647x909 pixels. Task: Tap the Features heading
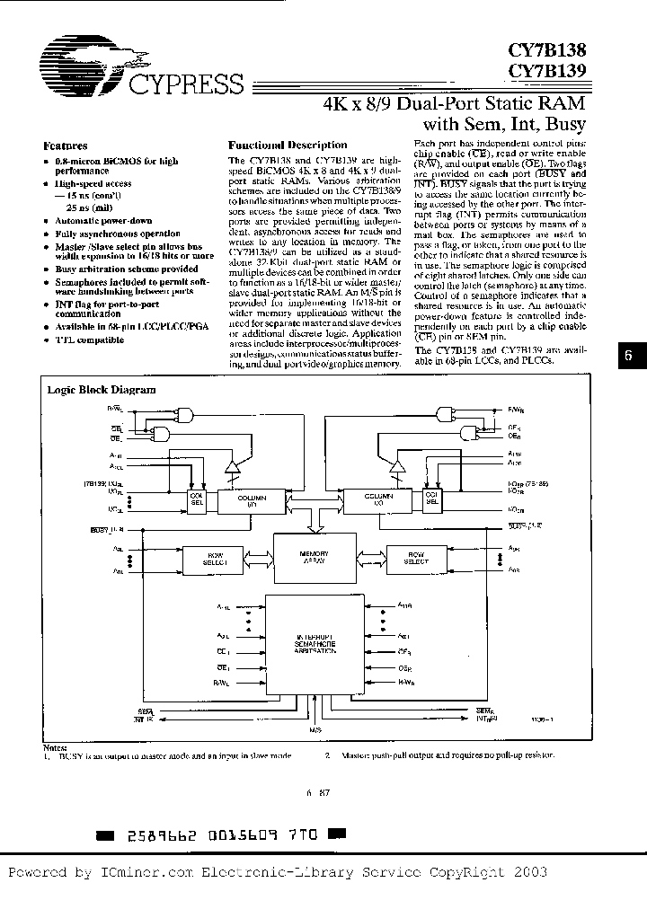[x=66, y=145]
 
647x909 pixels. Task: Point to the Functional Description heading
[x=288, y=145]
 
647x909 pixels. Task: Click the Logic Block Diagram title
[x=101, y=390]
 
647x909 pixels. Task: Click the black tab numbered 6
[x=628, y=354]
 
